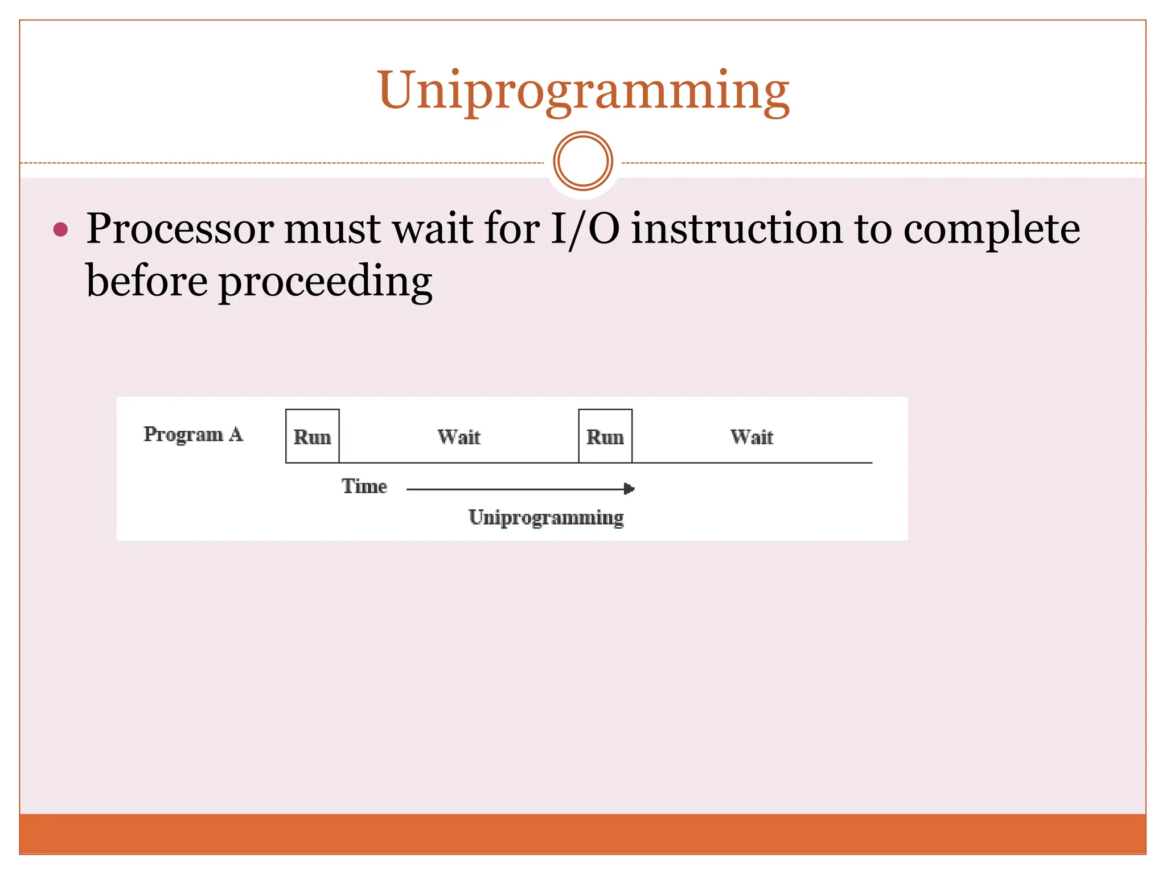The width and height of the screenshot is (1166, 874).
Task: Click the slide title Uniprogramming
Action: (x=583, y=91)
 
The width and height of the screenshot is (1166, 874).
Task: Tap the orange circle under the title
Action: (x=583, y=161)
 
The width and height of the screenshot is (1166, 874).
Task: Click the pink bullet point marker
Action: (x=60, y=230)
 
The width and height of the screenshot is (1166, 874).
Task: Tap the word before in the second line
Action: (x=146, y=282)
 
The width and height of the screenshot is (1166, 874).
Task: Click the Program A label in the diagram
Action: (x=193, y=435)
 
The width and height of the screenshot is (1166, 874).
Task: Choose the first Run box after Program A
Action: (x=312, y=436)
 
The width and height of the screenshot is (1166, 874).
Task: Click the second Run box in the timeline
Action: (x=605, y=436)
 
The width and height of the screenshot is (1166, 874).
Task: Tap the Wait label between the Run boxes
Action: (x=459, y=437)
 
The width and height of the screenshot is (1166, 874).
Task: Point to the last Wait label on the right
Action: (x=752, y=437)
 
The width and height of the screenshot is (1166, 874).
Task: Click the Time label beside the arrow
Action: (x=364, y=487)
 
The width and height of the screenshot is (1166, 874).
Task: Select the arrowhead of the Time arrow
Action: (x=629, y=489)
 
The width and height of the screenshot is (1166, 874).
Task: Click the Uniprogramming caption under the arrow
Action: (x=546, y=518)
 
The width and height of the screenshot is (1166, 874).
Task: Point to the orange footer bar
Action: (x=583, y=834)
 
